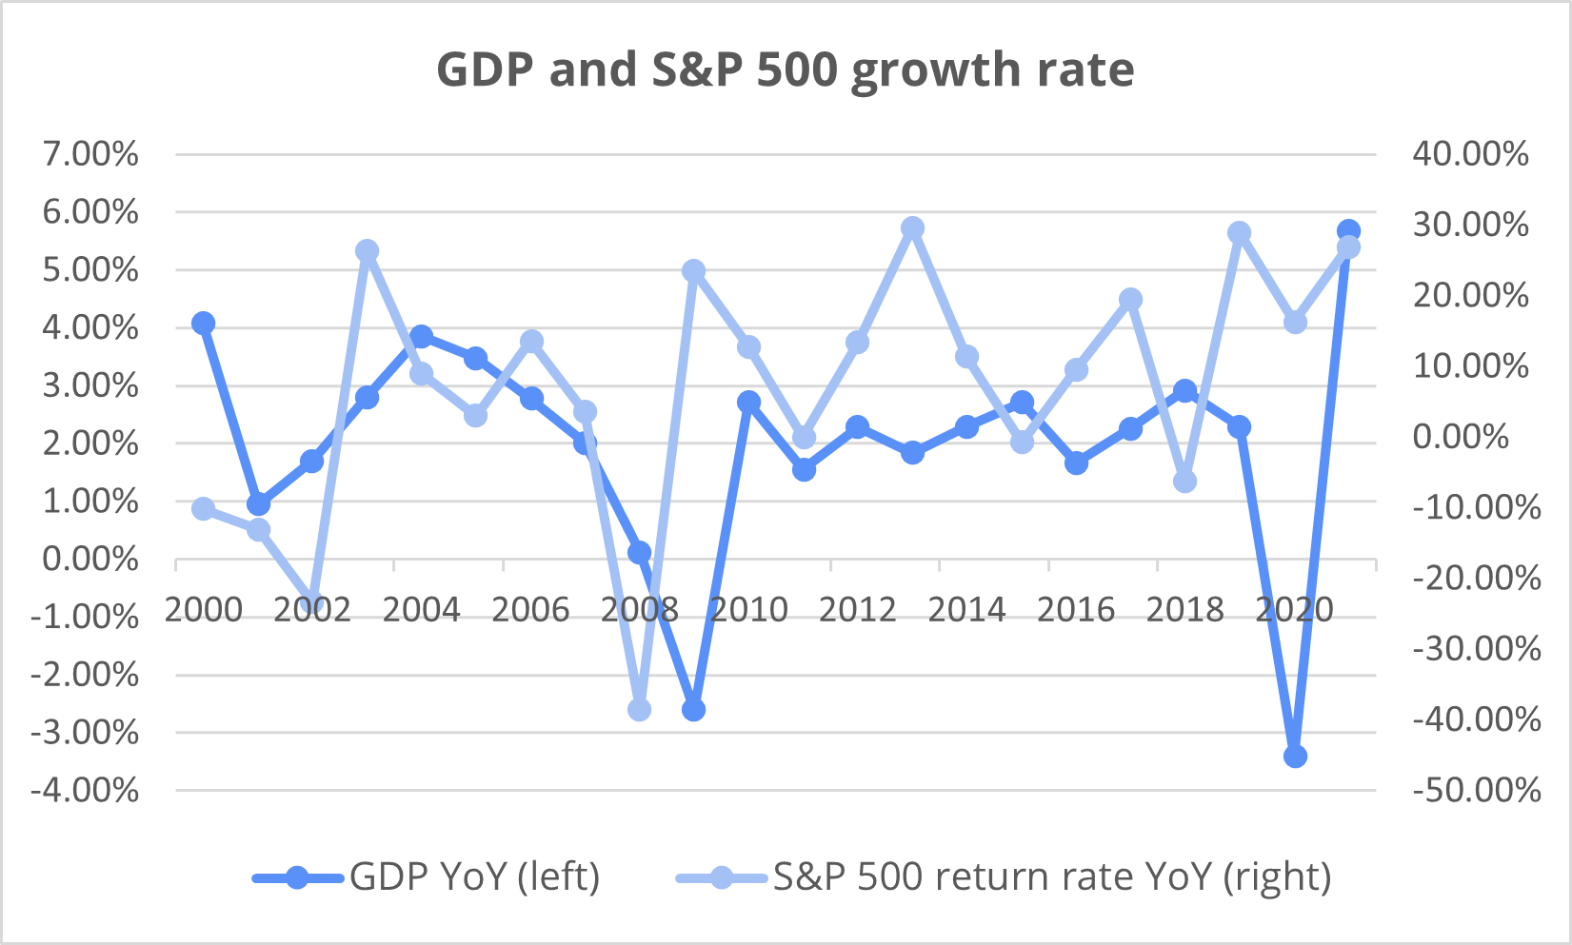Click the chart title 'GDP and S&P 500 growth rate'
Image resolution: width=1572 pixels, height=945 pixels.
coord(786,69)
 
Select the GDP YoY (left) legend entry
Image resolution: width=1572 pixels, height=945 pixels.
coord(427,876)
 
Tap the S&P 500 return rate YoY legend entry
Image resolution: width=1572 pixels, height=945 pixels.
coord(1004,876)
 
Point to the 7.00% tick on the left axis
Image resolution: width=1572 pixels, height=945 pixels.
coord(90,154)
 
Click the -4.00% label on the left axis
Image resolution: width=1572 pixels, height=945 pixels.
coord(86,790)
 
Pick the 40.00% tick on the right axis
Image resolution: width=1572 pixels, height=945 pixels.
coord(1471,154)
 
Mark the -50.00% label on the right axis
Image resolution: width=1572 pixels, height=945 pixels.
coord(1477,790)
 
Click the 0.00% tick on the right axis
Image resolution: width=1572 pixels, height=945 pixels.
coord(1462,437)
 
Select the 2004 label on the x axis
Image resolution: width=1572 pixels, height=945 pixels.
coord(421,609)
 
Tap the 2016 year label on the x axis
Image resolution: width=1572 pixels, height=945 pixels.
coord(1076,609)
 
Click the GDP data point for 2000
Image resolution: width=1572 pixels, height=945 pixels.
coord(203,324)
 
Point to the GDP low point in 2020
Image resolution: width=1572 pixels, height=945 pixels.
coord(1295,757)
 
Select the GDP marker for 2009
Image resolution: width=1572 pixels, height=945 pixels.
coord(694,710)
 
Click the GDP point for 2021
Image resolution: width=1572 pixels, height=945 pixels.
coord(1348,230)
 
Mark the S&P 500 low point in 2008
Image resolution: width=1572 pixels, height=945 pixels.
coord(640,710)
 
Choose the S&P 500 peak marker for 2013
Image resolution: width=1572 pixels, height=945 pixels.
coord(913,227)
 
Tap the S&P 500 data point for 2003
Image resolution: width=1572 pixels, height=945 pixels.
coord(368,251)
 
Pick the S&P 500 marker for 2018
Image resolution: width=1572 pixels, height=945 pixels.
coord(1185,482)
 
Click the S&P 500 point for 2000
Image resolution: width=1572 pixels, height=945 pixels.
coord(203,509)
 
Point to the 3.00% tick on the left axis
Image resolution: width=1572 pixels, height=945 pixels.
coord(90,386)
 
